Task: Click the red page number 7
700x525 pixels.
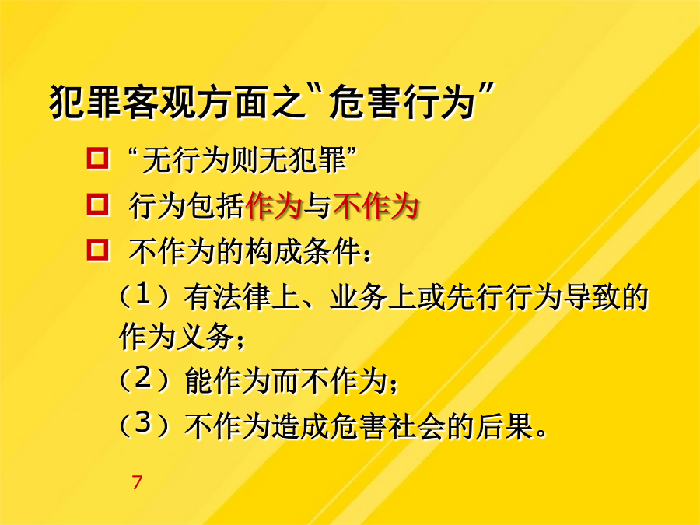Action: (x=137, y=482)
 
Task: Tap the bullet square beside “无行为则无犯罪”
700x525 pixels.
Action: (x=98, y=158)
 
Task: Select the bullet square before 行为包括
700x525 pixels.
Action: (x=98, y=205)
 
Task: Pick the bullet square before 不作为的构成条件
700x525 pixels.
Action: (x=98, y=250)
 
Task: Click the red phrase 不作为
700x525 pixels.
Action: (x=376, y=206)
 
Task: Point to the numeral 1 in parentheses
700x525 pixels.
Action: (x=143, y=295)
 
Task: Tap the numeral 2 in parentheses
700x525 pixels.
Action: (x=144, y=379)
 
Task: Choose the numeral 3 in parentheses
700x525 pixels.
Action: (x=144, y=422)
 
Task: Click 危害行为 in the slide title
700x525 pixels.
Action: (x=401, y=104)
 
